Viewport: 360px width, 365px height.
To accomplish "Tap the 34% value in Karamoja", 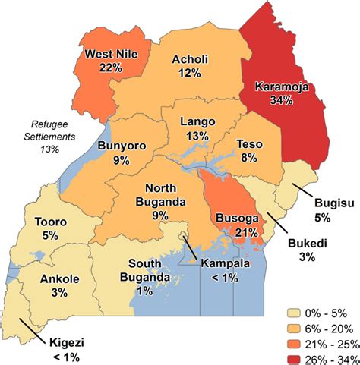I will [x=281, y=99].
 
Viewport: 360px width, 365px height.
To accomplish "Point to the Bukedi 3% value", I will [x=308, y=258].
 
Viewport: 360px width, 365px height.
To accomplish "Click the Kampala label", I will [x=225, y=263].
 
